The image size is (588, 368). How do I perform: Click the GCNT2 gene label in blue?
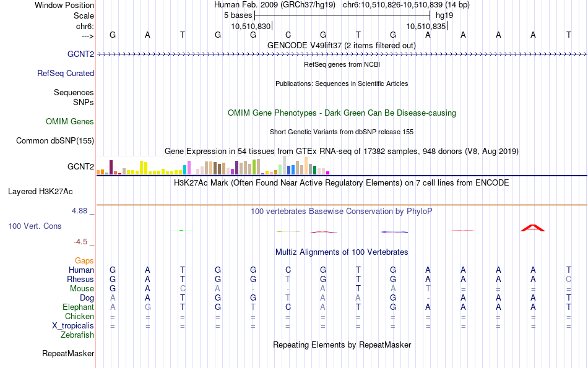click(80, 54)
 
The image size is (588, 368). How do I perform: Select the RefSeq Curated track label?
click(66, 74)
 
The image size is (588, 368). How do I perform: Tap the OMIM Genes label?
click(70, 121)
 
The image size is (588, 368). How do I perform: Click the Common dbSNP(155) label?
click(55, 141)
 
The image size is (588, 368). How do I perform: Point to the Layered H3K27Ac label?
click(40, 192)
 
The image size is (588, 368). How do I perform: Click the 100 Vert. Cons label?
click(35, 226)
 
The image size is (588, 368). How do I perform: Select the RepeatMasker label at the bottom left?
click(68, 353)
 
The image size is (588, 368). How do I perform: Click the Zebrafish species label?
click(77, 335)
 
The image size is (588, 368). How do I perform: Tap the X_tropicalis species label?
click(73, 326)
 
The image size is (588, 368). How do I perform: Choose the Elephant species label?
click(79, 307)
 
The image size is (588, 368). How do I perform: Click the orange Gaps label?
click(84, 260)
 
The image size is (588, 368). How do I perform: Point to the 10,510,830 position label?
click(251, 26)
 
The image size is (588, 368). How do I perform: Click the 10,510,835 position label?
click(426, 26)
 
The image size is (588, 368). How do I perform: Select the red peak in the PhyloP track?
click(532, 228)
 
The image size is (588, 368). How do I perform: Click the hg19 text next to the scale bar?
click(444, 15)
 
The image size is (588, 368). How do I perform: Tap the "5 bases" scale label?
click(238, 15)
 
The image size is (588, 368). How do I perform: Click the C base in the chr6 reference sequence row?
click(288, 35)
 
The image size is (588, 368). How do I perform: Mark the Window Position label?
click(64, 5)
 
